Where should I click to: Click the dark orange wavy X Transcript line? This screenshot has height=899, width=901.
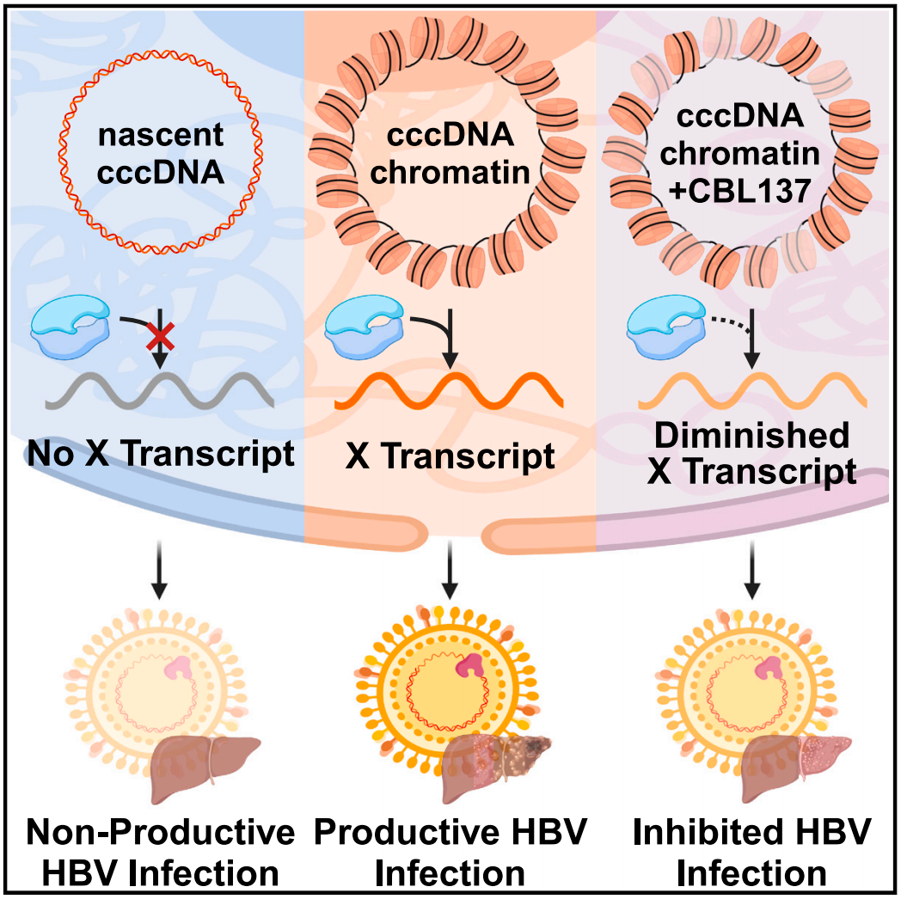449,392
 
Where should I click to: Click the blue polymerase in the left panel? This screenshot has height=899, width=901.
74,331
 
